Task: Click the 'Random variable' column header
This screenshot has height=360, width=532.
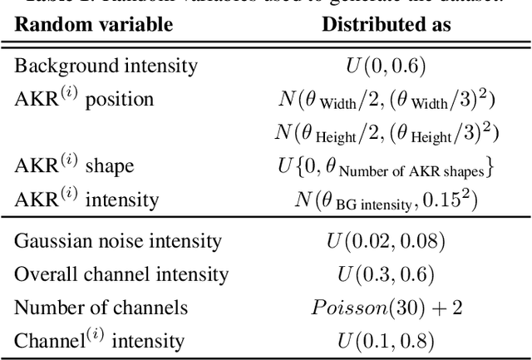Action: pos(94,24)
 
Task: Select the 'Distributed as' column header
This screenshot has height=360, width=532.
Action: pos(386,24)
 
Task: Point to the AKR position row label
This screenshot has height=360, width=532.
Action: pos(84,99)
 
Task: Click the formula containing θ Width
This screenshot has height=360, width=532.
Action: pos(386,100)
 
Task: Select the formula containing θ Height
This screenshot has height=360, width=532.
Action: pos(386,132)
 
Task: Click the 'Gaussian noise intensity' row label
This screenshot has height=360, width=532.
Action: pos(118,242)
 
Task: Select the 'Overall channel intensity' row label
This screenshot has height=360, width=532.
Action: pos(121,274)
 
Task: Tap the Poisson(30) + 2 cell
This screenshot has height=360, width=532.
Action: pos(386,308)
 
